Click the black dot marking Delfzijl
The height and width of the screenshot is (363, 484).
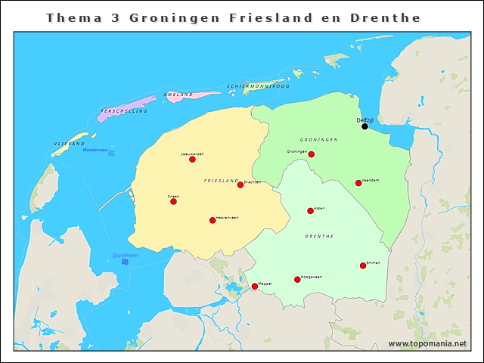click(x=365, y=126)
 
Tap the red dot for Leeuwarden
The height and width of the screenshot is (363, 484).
click(x=192, y=160)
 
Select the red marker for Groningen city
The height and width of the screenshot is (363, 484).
click(x=311, y=154)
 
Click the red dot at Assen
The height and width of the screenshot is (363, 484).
click(x=310, y=211)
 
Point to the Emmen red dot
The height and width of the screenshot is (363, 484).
click(x=363, y=265)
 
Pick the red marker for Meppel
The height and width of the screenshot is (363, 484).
click(x=254, y=286)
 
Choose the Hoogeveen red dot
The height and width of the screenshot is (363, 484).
click(x=297, y=280)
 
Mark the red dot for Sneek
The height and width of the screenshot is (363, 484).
click(x=173, y=201)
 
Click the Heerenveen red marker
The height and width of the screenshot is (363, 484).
click(x=213, y=220)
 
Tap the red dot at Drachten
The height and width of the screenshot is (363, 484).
click(x=240, y=185)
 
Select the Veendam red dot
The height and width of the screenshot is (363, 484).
click(x=358, y=183)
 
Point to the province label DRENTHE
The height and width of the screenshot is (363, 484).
click(x=318, y=237)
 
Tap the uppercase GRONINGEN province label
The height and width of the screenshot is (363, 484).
click(x=318, y=141)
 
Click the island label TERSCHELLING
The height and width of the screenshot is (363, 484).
click(x=123, y=111)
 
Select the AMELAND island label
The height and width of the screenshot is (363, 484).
click(x=178, y=95)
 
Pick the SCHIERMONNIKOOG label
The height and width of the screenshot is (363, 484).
click(x=258, y=86)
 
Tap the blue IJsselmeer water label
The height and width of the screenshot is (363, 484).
click(x=124, y=255)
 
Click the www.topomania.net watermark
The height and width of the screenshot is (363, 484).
click(x=427, y=344)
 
